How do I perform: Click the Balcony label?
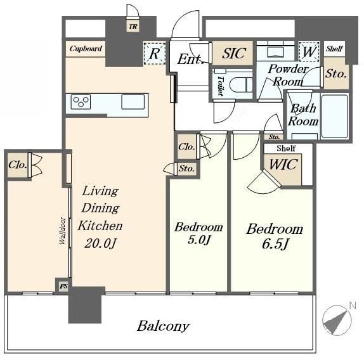click(163, 326)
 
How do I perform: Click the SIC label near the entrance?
click(233, 54)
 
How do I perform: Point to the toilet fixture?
click(237, 85)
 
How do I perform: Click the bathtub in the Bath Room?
click(334, 116)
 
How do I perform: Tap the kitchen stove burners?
click(81, 101)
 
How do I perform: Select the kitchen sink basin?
click(133, 101)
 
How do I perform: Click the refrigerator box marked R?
click(153, 54)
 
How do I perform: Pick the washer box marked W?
click(309, 51)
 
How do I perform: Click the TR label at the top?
click(133, 27)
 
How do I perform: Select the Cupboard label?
click(86, 49)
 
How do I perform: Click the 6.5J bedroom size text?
click(273, 245)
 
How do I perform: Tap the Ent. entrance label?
click(190, 60)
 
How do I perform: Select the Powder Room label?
click(287, 75)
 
